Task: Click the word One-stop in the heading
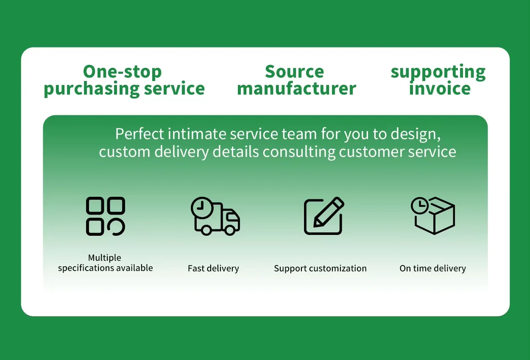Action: click(x=122, y=72)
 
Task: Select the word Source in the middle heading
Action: click(x=294, y=72)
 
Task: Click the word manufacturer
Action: click(x=296, y=89)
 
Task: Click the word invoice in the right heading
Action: click(x=440, y=89)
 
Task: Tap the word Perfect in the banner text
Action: click(x=139, y=134)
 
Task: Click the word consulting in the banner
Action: click(x=299, y=152)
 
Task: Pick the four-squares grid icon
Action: click(x=106, y=216)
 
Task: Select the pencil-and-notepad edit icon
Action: click(x=324, y=216)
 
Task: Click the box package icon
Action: click(x=434, y=217)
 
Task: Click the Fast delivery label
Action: click(x=213, y=268)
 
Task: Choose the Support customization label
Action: click(x=320, y=268)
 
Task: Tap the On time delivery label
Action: click(x=432, y=268)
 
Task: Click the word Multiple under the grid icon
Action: click(x=104, y=258)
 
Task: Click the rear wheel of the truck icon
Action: click(x=206, y=230)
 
